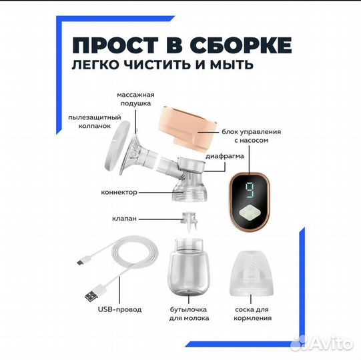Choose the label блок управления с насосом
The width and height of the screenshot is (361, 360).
click(252, 136)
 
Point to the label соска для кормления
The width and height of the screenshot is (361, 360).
click(254, 313)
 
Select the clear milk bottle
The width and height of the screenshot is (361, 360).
click(183, 267)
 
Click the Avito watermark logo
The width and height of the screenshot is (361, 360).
click(331, 342)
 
